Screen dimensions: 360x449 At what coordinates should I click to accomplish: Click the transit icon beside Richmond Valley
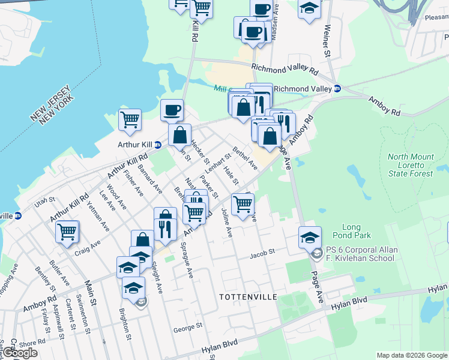coord(337,88)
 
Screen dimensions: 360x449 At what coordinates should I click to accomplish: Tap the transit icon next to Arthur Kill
coord(158,145)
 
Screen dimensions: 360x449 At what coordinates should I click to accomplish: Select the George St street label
coord(188,328)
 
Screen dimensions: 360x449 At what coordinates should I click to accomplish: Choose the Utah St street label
coord(44,203)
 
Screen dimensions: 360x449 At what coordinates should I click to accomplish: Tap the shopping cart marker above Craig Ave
coord(67,231)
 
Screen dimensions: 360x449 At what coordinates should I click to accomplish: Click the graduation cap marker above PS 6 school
coord(310,238)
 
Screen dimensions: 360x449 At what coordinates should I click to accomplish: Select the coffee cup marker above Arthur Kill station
coord(172,110)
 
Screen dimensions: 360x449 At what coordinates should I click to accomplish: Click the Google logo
coord(20,353)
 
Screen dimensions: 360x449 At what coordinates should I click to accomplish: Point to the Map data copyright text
coord(411,355)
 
